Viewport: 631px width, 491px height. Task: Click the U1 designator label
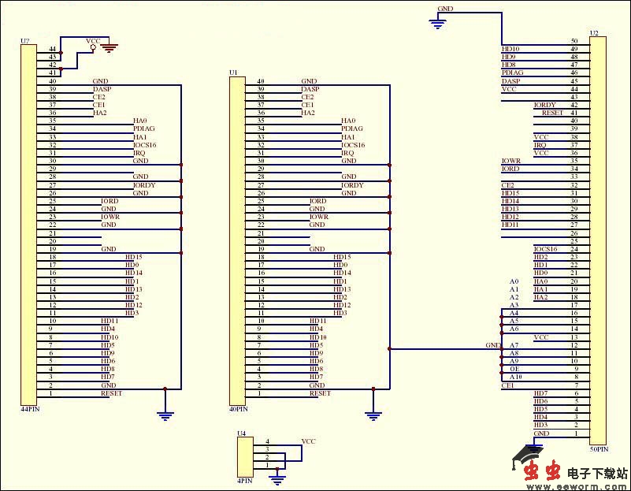coord(232,73)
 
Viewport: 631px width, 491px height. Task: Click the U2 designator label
coord(594,34)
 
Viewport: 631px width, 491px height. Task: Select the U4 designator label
coord(242,433)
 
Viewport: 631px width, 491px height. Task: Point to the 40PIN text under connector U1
coord(237,409)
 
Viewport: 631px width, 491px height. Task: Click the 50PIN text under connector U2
coord(599,449)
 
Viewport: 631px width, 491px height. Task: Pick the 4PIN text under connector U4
coord(244,480)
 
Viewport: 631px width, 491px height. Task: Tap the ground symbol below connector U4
coord(277,478)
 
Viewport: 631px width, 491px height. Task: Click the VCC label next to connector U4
coord(309,441)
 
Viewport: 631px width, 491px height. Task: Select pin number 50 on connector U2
coord(574,40)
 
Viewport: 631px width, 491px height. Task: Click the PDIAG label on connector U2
coord(512,73)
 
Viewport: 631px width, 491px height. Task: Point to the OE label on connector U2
coord(514,370)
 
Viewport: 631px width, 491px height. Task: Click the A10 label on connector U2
coord(515,378)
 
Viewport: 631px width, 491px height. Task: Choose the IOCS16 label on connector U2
coord(545,249)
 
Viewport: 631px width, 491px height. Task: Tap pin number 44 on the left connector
coord(53,49)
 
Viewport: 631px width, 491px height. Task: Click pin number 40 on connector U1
coord(261,81)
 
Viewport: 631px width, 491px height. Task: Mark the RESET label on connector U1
coord(320,393)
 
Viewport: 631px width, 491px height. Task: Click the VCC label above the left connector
coord(92,40)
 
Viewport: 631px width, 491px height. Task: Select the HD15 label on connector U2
coord(510,193)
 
